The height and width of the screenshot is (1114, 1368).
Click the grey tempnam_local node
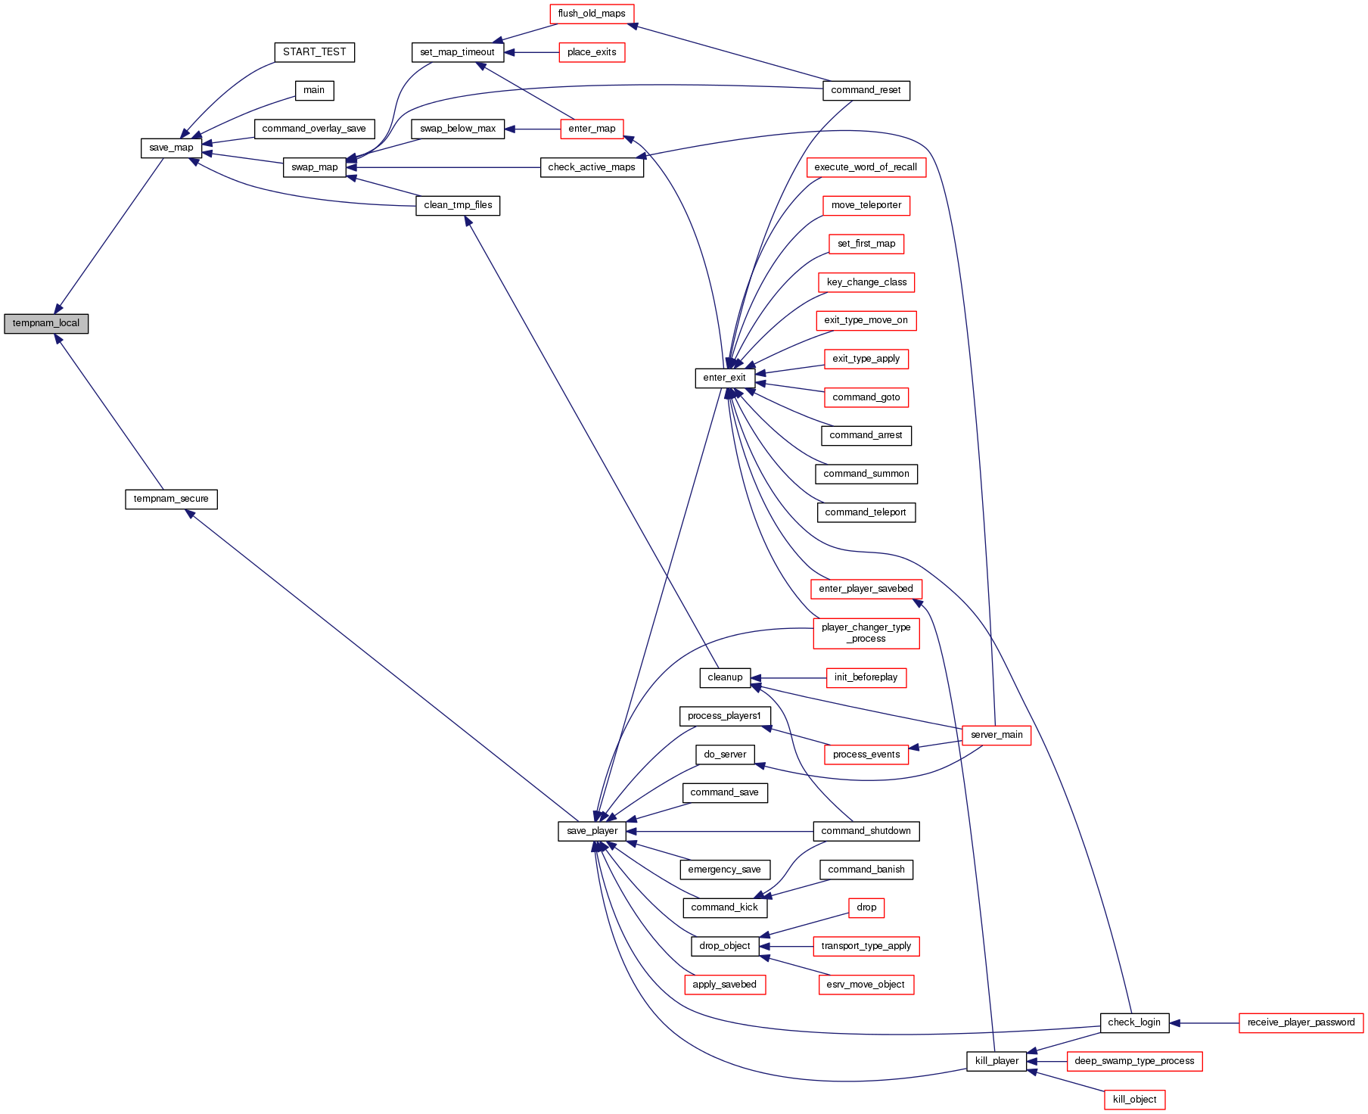coord(46,323)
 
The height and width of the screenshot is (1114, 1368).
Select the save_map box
coord(171,148)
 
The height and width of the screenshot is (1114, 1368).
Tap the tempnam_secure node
coord(171,499)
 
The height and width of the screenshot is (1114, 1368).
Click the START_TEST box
coord(314,52)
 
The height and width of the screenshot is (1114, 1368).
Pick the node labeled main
coord(314,90)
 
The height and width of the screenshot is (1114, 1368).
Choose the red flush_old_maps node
coord(591,14)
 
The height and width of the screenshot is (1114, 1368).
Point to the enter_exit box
coord(724,378)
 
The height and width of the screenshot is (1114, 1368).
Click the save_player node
coord(592,831)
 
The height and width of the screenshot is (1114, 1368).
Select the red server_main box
coord(996,735)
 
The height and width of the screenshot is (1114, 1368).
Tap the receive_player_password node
coord(1301,1022)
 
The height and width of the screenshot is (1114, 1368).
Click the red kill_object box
coord(1134,1100)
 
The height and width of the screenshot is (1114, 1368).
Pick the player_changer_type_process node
coord(866,633)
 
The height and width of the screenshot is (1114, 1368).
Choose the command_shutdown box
coord(866,831)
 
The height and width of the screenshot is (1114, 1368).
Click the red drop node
coord(866,907)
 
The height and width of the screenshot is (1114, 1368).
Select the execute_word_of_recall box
coord(866,167)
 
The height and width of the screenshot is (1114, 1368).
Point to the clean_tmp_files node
coord(458,205)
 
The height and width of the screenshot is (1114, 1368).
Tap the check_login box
coord(1133,1022)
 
